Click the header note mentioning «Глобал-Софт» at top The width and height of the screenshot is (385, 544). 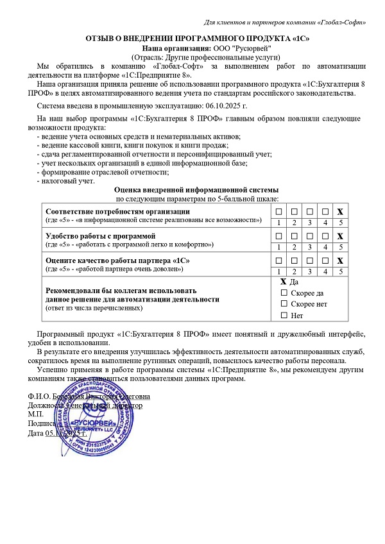285,22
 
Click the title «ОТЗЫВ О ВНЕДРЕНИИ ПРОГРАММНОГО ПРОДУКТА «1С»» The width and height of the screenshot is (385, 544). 197,39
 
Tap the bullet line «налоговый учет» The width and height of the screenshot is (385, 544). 67,182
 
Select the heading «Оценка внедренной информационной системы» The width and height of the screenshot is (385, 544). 196,191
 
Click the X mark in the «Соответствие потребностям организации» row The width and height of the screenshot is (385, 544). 341,212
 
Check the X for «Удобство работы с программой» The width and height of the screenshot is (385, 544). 341,236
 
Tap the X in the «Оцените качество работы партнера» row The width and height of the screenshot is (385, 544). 341,260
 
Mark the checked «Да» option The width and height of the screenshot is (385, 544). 284,282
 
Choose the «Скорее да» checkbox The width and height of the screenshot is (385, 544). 284,293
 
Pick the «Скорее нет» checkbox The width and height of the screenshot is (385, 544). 284,304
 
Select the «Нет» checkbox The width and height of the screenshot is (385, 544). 284,316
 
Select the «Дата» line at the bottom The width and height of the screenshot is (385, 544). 58,433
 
